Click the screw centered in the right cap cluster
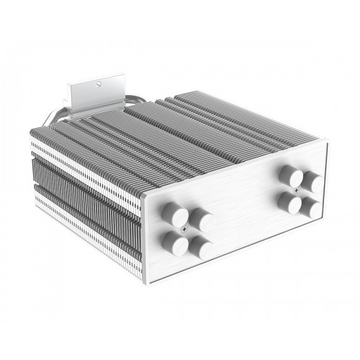pyautogui.click(x=303, y=189)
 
